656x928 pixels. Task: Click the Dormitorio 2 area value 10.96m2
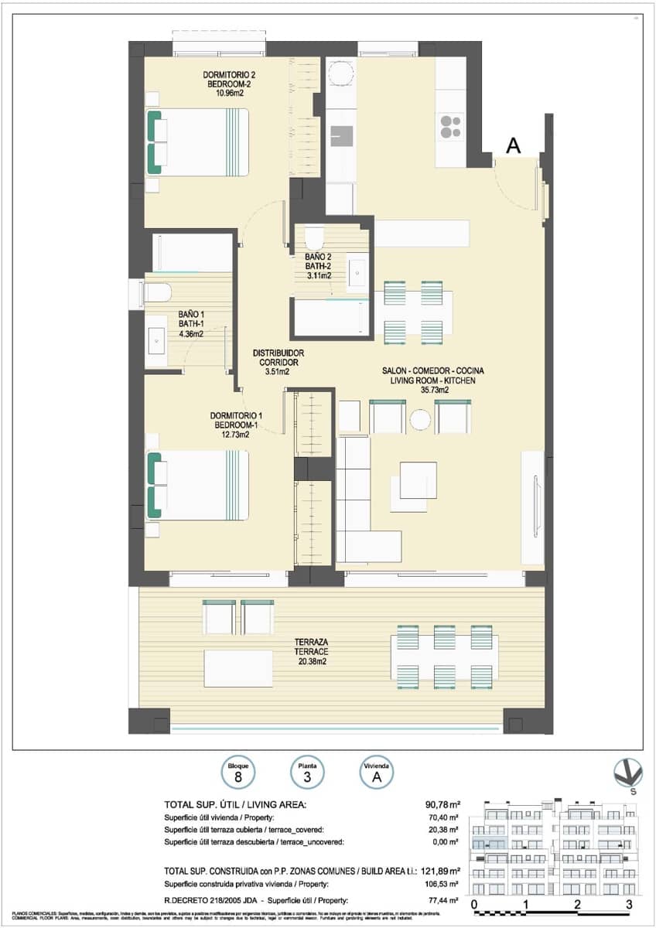229,93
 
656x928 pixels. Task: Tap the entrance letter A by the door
512,145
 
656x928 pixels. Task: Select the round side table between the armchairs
420,420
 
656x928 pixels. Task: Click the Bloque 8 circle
237,771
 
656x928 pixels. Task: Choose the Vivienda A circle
377,771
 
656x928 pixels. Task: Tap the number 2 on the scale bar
578,904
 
